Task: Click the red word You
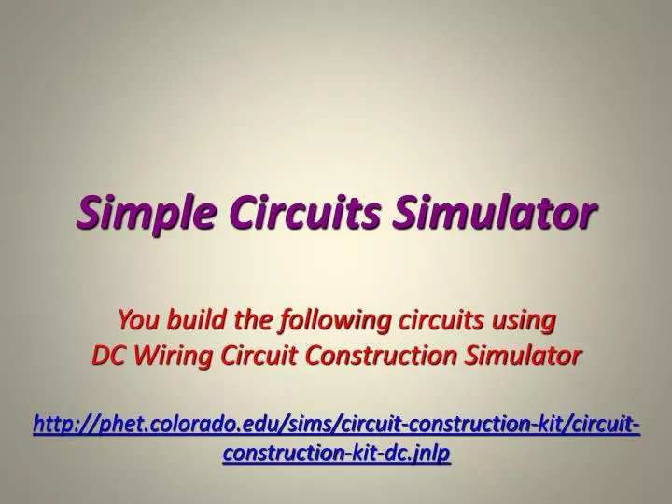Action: pos(136,320)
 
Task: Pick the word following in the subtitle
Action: pos(334,320)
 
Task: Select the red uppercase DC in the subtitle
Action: pos(105,355)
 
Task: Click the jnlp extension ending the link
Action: pos(433,454)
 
